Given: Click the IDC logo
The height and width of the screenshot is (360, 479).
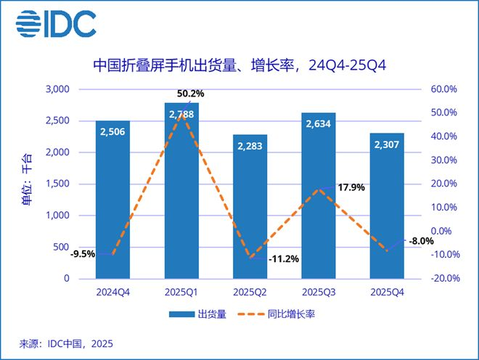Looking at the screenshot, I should (57, 24).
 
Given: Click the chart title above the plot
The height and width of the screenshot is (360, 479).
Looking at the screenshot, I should (239, 65).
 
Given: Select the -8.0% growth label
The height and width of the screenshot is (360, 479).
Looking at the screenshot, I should (421, 241).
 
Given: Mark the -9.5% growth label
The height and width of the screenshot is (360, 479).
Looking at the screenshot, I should (83, 254).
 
